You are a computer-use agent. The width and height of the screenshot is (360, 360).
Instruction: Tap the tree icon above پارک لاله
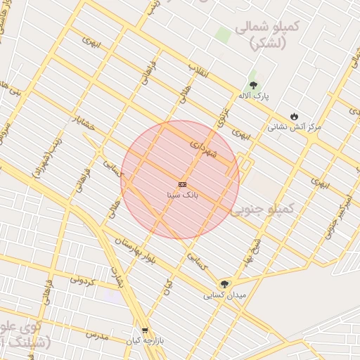point(253,84)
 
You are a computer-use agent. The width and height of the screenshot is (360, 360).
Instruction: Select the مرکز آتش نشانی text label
point(294,127)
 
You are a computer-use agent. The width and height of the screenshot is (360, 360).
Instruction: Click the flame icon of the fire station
point(294,116)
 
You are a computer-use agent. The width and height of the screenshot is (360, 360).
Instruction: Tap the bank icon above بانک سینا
point(182,184)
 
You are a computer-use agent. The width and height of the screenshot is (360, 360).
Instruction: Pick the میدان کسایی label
point(224,295)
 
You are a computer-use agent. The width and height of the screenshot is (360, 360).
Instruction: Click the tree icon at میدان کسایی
point(224,284)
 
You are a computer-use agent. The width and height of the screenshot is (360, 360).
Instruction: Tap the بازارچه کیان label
point(144,340)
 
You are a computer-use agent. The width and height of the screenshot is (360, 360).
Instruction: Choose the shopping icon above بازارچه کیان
point(144,329)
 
